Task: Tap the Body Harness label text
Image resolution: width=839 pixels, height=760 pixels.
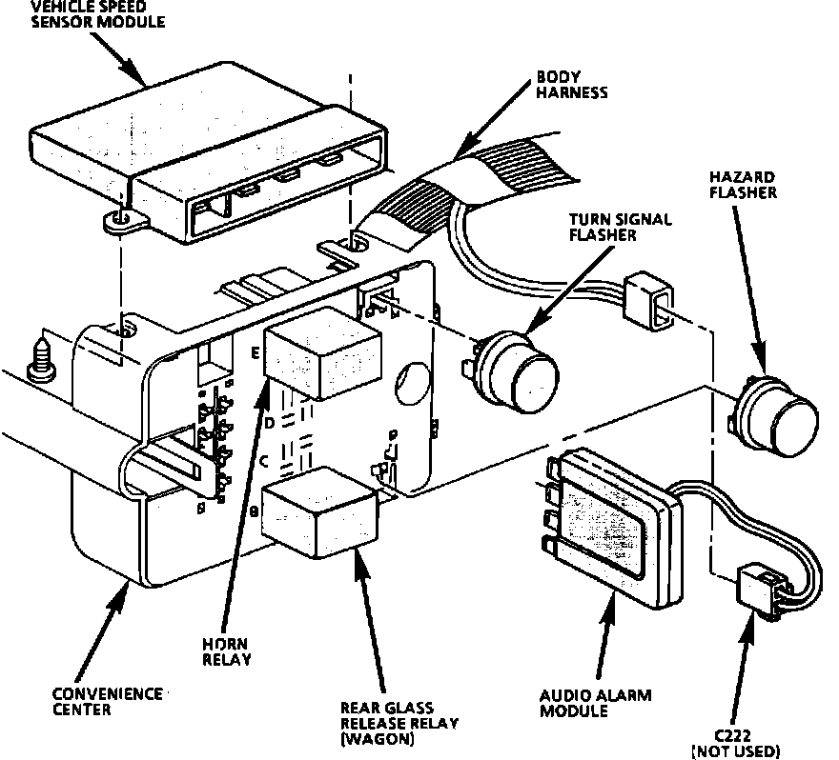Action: (x=572, y=84)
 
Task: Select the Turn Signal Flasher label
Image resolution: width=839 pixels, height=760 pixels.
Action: (x=622, y=226)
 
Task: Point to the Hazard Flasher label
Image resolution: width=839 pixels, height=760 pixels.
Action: (x=742, y=185)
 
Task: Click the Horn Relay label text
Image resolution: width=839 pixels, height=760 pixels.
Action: (x=228, y=650)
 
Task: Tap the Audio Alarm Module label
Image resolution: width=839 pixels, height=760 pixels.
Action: (x=596, y=704)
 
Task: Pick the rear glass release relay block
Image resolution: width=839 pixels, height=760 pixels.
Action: (x=319, y=510)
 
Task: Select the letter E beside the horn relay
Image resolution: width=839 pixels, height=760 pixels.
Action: (x=256, y=352)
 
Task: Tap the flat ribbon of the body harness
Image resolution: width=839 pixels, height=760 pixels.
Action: (x=477, y=190)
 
